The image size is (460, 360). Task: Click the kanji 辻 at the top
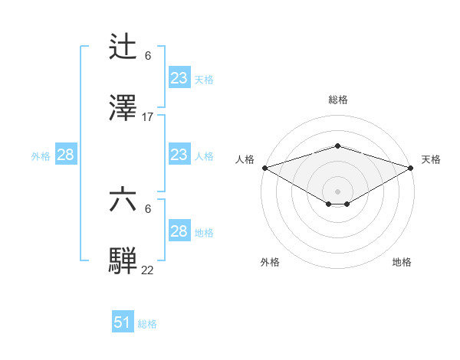123,47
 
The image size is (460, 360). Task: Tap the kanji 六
123,200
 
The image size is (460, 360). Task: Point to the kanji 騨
123,260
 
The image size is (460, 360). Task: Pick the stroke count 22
148,270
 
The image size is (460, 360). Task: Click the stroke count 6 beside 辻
148,56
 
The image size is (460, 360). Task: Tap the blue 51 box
123,322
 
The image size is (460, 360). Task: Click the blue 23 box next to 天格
179,77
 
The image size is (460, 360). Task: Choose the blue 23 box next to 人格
179,155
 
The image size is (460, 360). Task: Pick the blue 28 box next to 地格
179,231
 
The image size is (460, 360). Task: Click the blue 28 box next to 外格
66,155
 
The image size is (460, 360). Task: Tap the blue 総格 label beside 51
147,324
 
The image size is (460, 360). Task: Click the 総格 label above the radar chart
337,100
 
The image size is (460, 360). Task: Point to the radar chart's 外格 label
270,262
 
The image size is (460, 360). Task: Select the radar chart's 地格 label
402,262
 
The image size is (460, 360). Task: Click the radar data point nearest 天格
411,168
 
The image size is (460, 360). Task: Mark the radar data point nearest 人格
264,168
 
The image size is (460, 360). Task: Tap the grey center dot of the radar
337,191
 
